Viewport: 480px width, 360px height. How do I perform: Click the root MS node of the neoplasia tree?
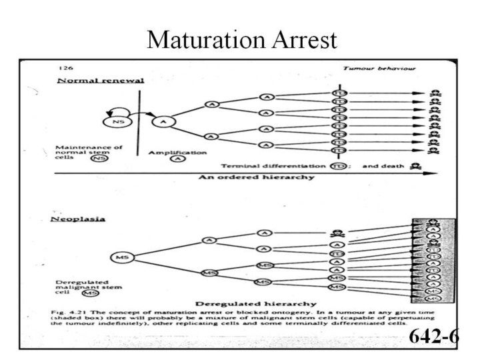121,257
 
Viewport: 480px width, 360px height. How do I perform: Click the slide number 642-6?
433,336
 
